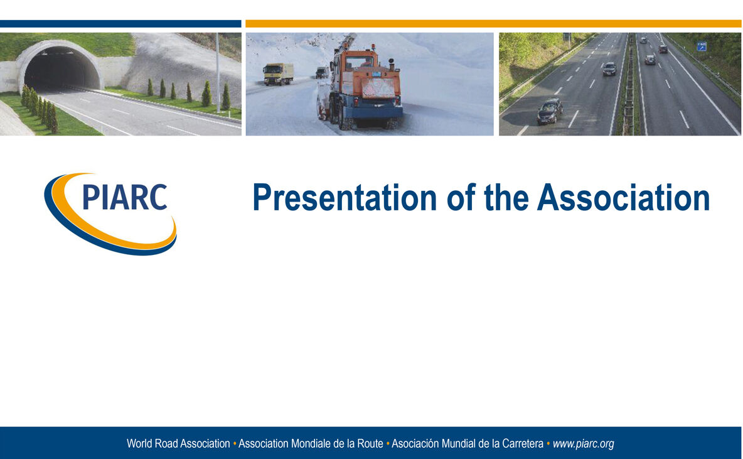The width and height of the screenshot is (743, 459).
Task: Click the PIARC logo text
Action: [124, 197]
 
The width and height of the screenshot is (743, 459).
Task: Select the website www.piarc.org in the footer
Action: [583, 444]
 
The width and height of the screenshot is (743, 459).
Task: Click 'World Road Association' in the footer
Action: [178, 444]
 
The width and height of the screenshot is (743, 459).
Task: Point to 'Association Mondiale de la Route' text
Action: [311, 444]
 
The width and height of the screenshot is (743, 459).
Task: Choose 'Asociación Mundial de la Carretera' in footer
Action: [468, 444]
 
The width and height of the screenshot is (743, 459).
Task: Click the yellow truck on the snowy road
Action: [278, 73]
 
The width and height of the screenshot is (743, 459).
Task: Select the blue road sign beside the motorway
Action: [702, 46]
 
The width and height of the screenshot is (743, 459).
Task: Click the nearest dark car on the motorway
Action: [550, 111]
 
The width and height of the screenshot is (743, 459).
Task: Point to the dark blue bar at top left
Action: [120, 24]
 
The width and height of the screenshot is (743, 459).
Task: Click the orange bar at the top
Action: [493, 24]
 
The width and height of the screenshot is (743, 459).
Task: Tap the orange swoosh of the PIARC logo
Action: [113, 232]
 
